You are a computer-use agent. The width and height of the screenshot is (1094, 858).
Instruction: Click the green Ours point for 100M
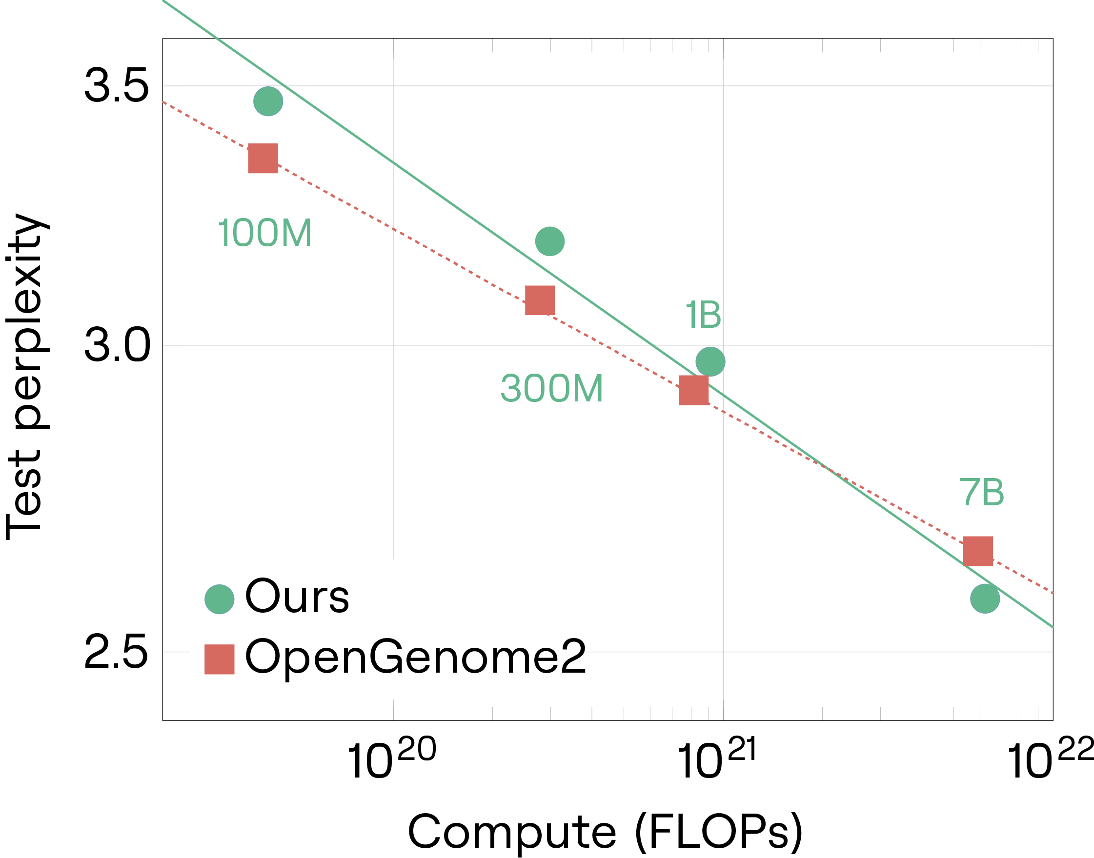[268, 101]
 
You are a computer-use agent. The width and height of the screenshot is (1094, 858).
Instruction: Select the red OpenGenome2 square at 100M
[263, 158]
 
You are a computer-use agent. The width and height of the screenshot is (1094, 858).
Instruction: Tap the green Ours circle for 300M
[550, 241]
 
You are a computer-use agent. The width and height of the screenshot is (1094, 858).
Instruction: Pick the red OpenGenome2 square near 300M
[540, 300]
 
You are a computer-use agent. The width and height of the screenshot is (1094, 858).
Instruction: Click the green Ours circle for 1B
[710, 361]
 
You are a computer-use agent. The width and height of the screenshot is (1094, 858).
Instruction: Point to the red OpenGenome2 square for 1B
[694, 390]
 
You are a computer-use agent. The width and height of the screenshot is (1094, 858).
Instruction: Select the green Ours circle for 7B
[985, 599]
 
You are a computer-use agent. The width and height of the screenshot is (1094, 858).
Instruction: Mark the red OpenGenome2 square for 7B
[978, 551]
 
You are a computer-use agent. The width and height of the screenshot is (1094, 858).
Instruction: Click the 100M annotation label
[265, 233]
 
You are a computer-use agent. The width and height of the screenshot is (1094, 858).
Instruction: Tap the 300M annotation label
[552, 388]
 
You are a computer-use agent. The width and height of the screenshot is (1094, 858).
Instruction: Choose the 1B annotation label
[703, 315]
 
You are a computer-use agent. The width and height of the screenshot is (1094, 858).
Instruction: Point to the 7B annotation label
[981, 492]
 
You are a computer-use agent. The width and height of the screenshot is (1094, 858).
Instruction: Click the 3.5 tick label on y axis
[117, 86]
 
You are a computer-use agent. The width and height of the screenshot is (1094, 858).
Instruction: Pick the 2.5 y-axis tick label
[116, 652]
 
